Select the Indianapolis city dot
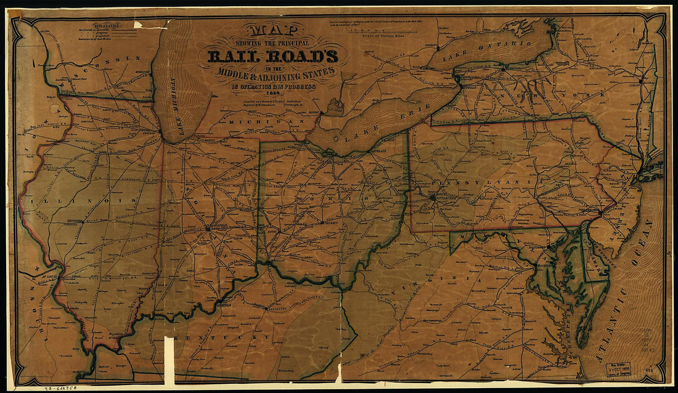[208, 228]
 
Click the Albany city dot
[641, 80]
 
